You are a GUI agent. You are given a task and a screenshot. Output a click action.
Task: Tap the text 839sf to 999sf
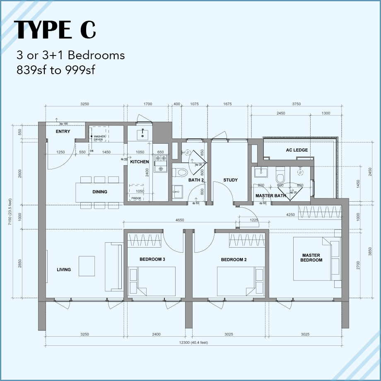tap(56, 70)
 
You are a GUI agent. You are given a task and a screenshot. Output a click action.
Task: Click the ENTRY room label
tap(63, 132)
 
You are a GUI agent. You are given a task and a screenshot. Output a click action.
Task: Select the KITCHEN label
tap(140, 162)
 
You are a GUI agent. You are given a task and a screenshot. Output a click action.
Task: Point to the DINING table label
tap(100, 192)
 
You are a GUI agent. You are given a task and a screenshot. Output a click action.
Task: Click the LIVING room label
tap(64, 270)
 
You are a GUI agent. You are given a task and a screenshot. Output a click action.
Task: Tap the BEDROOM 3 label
tap(152, 260)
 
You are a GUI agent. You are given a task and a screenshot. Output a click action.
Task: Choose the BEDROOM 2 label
tap(234, 260)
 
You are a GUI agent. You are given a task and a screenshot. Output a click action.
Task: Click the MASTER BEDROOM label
tap(312, 258)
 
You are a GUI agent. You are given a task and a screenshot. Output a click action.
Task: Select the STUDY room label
tap(230, 180)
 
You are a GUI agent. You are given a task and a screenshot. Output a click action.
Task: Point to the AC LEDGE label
tap(297, 150)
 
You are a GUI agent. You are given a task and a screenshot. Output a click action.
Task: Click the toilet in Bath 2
tap(180, 174)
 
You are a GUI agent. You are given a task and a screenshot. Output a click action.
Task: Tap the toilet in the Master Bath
tap(280, 176)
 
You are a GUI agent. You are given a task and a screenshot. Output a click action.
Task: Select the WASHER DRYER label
tap(99, 138)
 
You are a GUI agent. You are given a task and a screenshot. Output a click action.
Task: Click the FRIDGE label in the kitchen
tap(136, 198)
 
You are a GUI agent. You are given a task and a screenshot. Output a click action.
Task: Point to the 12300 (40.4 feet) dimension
tap(194, 342)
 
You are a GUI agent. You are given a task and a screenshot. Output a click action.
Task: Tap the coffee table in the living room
tap(87, 266)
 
